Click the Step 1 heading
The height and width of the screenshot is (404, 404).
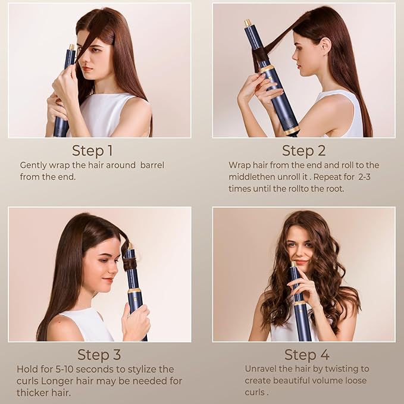point(92,150)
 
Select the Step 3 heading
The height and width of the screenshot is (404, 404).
point(99,355)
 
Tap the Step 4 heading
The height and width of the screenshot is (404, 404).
point(306,355)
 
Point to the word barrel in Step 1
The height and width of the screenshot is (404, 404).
point(152,165)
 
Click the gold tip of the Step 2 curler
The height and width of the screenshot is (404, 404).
point(248,23)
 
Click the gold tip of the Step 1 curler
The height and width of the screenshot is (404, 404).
point(71,47)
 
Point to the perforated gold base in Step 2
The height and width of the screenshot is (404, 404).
point(291,129)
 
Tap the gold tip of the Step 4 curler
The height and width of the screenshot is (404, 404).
point(293,264)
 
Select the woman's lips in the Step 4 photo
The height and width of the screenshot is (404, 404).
point(302,261)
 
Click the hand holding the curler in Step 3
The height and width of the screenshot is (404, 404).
point(135,321)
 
